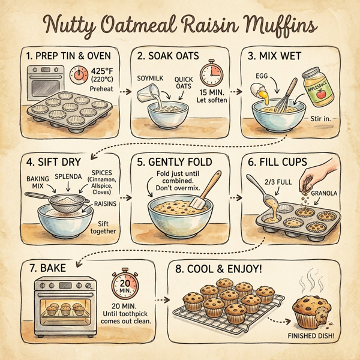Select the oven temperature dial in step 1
pos(79,75)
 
